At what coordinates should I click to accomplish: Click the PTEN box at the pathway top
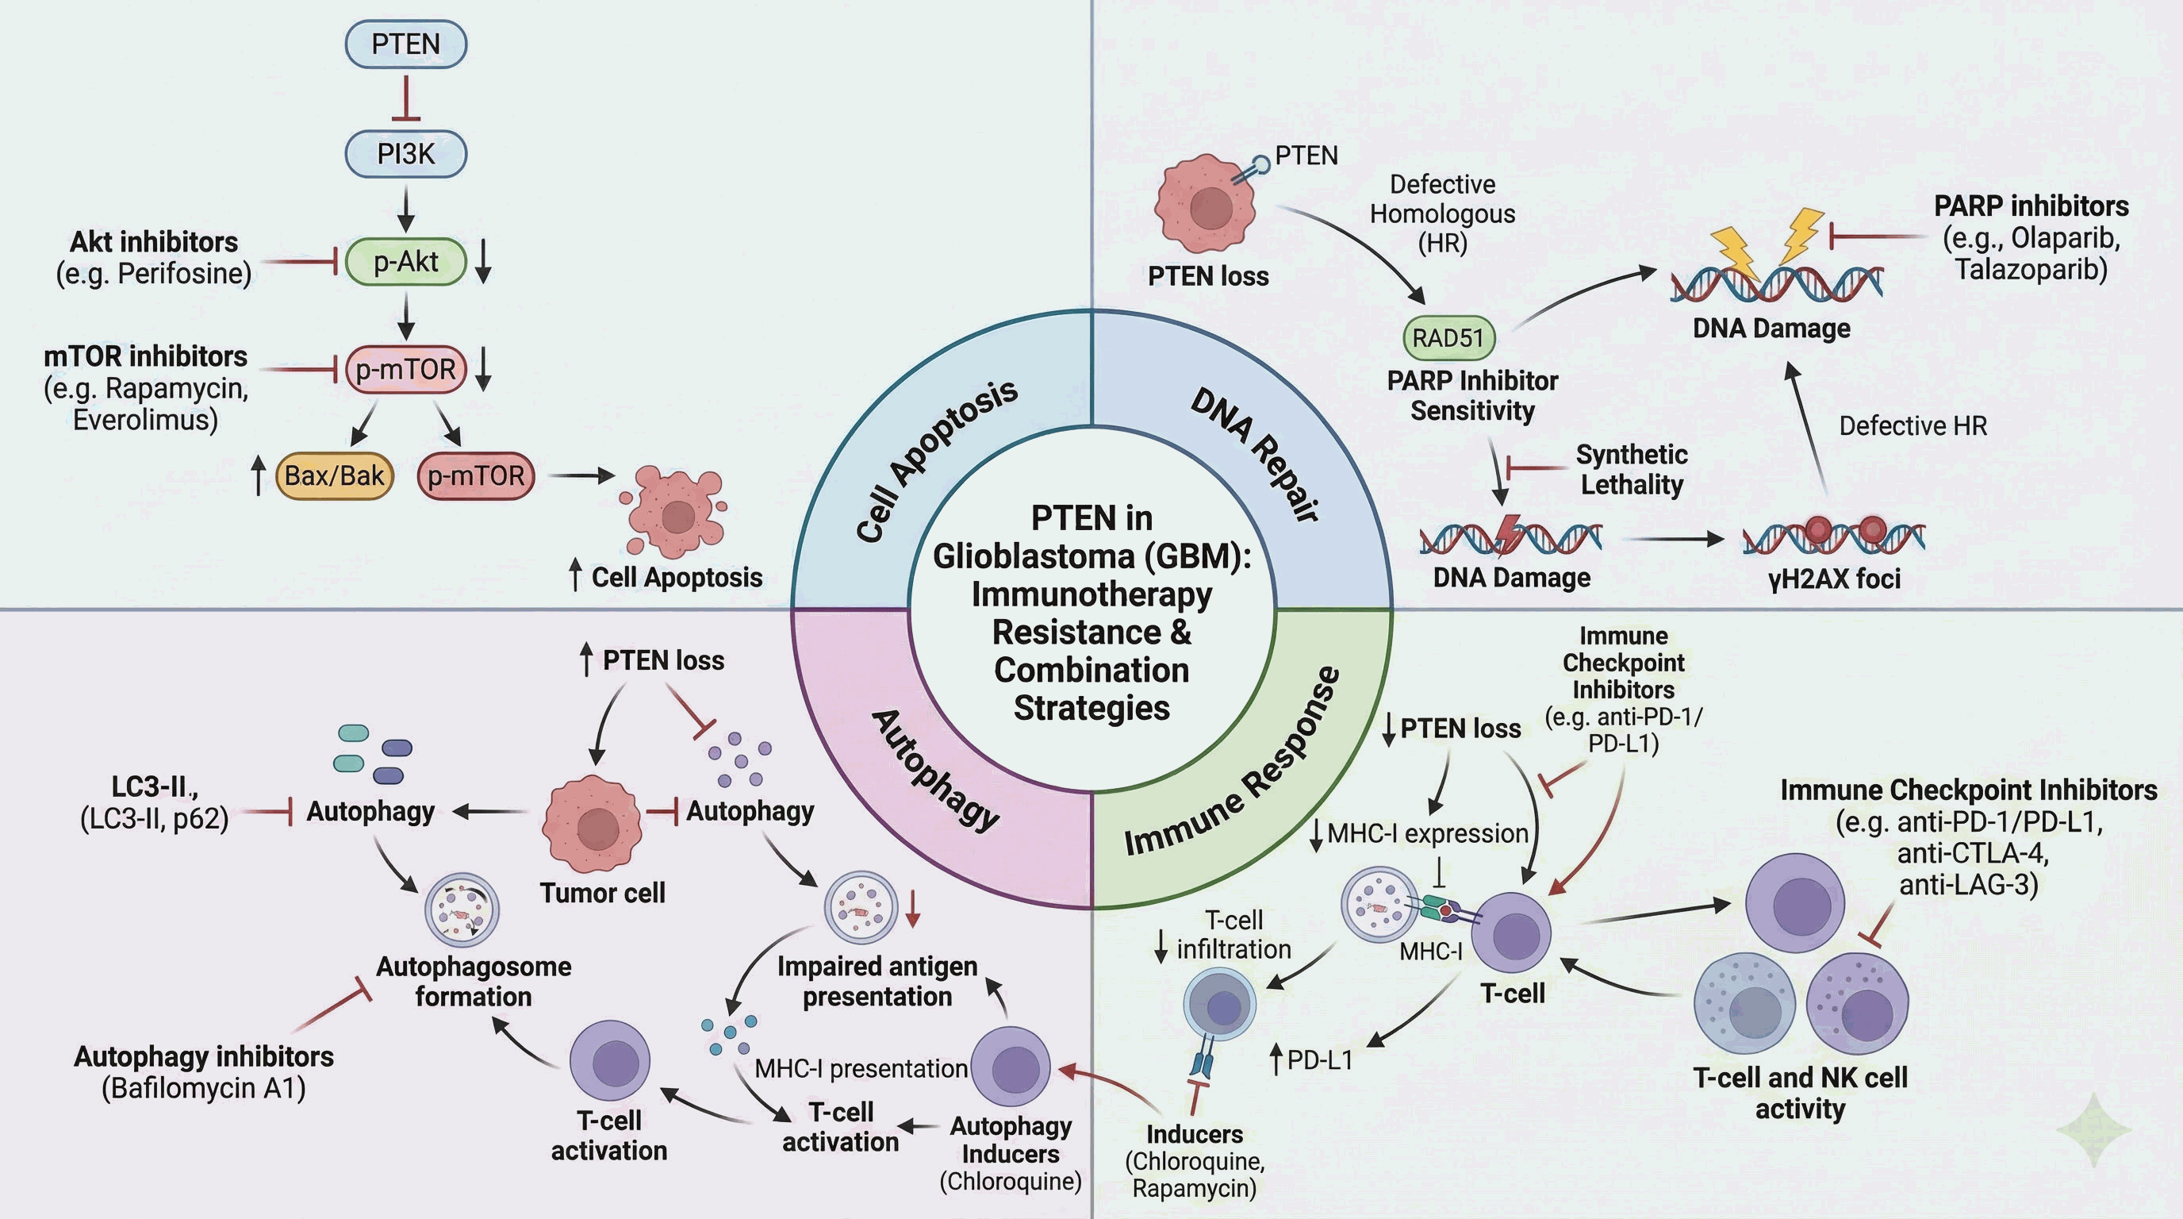[406, 44]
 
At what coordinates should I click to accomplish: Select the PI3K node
[406, 154]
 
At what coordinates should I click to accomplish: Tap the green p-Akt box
[406, 262]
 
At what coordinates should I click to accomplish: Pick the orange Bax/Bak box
[335, 475]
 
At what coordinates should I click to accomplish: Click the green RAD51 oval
[1449, 337]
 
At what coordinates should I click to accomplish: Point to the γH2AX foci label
[1835, 579]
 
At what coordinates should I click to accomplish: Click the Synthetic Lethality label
[1632, 470]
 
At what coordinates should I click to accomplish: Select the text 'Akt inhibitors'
[153, 242]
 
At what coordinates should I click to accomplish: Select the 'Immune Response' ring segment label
[1233, 761]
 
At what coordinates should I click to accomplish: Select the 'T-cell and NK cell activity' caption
[1800, 1093]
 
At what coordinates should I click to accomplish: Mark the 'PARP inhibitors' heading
[2031, 206]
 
